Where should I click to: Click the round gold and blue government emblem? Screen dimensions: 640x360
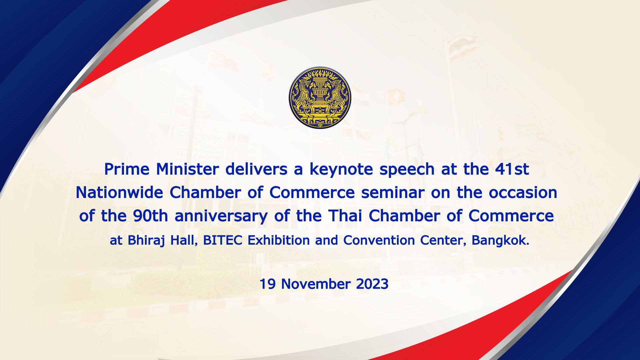pos(320,98)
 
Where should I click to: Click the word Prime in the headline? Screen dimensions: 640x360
pos(127,169)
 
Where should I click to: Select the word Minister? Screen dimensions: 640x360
pos(187,169)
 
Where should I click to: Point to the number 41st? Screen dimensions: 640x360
pos(512,169)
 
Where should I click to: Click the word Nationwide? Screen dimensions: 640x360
pos(119,192)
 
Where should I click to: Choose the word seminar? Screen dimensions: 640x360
pos(393,193)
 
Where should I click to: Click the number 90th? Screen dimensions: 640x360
pos(150,216)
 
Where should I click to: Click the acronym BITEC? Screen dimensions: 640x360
pos(223,240)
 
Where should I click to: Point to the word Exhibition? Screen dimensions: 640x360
pos(279,240)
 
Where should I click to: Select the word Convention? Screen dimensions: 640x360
pos(379,240)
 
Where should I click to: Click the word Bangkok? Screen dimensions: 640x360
pos(500,240)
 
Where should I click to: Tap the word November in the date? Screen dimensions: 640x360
pos(316,284)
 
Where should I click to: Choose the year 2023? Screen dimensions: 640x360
pos(372,284)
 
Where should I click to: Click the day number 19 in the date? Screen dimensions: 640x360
pos(268,284)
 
